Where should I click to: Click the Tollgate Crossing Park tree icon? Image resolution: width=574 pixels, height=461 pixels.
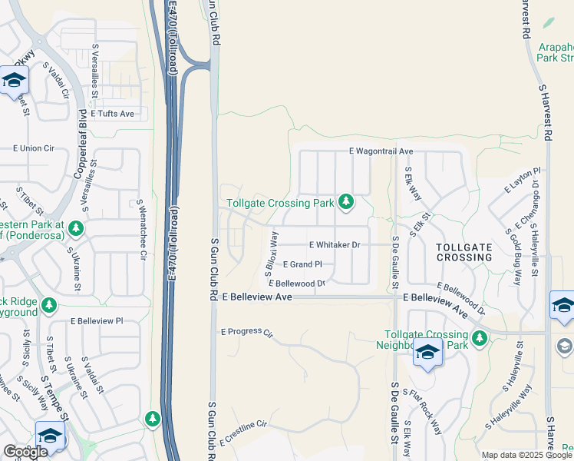(347, 202)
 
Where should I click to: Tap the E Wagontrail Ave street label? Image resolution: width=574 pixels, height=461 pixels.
(381, 151)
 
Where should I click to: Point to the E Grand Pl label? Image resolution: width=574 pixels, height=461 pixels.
(302, 264)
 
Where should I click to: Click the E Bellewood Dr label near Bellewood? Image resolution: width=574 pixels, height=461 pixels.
(297, 284)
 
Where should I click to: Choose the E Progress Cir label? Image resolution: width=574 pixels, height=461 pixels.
(246, 333)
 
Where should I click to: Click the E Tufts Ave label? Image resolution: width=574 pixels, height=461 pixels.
(112, 114)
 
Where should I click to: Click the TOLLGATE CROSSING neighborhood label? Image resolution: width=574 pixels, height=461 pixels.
(463, 252)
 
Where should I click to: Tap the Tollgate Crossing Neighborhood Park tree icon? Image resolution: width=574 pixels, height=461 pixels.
(480, 338)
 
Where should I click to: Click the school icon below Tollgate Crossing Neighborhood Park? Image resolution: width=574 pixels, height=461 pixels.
(427, 354)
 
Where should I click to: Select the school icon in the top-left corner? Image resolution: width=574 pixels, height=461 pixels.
(14, 80)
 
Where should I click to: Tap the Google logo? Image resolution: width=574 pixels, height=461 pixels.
(25, 452)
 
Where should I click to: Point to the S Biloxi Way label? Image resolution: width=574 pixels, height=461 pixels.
(270, 247)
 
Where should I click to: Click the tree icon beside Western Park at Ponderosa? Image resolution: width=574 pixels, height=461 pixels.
(75, 228)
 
